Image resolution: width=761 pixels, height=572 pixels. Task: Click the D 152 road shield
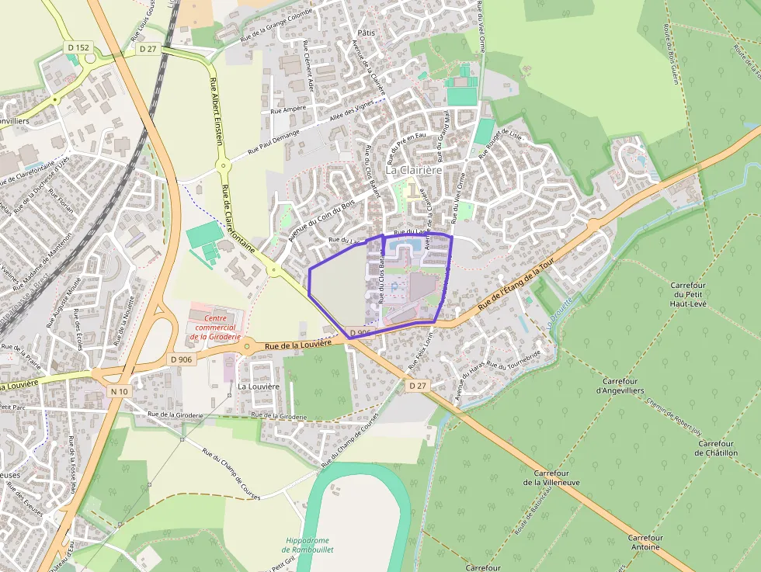78,48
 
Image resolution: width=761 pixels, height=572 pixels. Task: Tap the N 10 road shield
118,392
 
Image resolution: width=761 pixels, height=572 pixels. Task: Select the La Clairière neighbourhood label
413,169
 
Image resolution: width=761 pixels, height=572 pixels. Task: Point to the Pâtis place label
367,33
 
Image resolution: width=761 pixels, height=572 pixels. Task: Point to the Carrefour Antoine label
645,543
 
